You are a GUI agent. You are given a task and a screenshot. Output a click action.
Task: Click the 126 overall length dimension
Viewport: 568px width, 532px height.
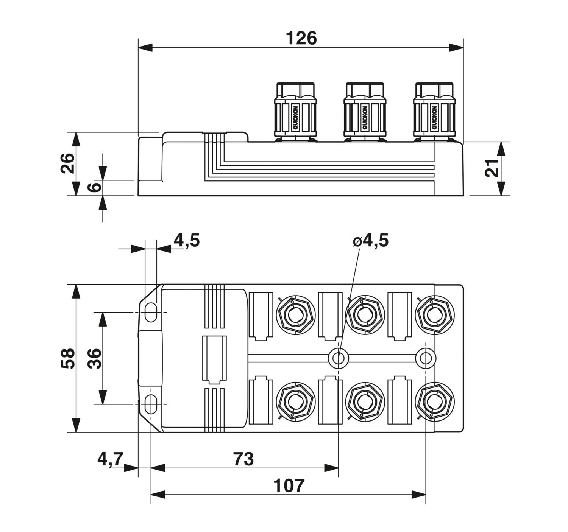point(301,38)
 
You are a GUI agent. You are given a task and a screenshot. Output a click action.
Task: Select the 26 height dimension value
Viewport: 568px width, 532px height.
point(68,163)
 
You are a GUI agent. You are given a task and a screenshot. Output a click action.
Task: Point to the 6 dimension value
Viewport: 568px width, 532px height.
point(95,187)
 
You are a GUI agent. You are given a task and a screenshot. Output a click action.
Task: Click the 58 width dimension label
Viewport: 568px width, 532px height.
point(68,358)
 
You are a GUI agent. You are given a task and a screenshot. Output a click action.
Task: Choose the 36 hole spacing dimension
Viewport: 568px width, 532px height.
point(95,358)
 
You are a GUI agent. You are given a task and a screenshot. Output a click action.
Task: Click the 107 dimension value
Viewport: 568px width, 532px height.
point(289,485)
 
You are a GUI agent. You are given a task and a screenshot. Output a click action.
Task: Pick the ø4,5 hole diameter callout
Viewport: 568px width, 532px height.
point(371,240)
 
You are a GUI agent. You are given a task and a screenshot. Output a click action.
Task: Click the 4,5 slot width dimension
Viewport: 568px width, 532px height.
point(187,240)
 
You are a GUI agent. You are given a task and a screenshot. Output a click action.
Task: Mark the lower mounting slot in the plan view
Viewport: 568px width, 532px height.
point(151,404)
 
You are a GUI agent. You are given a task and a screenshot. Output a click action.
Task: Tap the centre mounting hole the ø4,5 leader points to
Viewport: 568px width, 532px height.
point(339,358)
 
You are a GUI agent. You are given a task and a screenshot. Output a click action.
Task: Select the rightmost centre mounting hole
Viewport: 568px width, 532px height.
point(426,358)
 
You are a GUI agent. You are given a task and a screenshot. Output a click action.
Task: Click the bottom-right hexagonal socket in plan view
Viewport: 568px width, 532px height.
point(435,402)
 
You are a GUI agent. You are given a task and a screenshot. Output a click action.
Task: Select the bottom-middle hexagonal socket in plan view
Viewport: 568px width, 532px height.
point(365,402)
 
